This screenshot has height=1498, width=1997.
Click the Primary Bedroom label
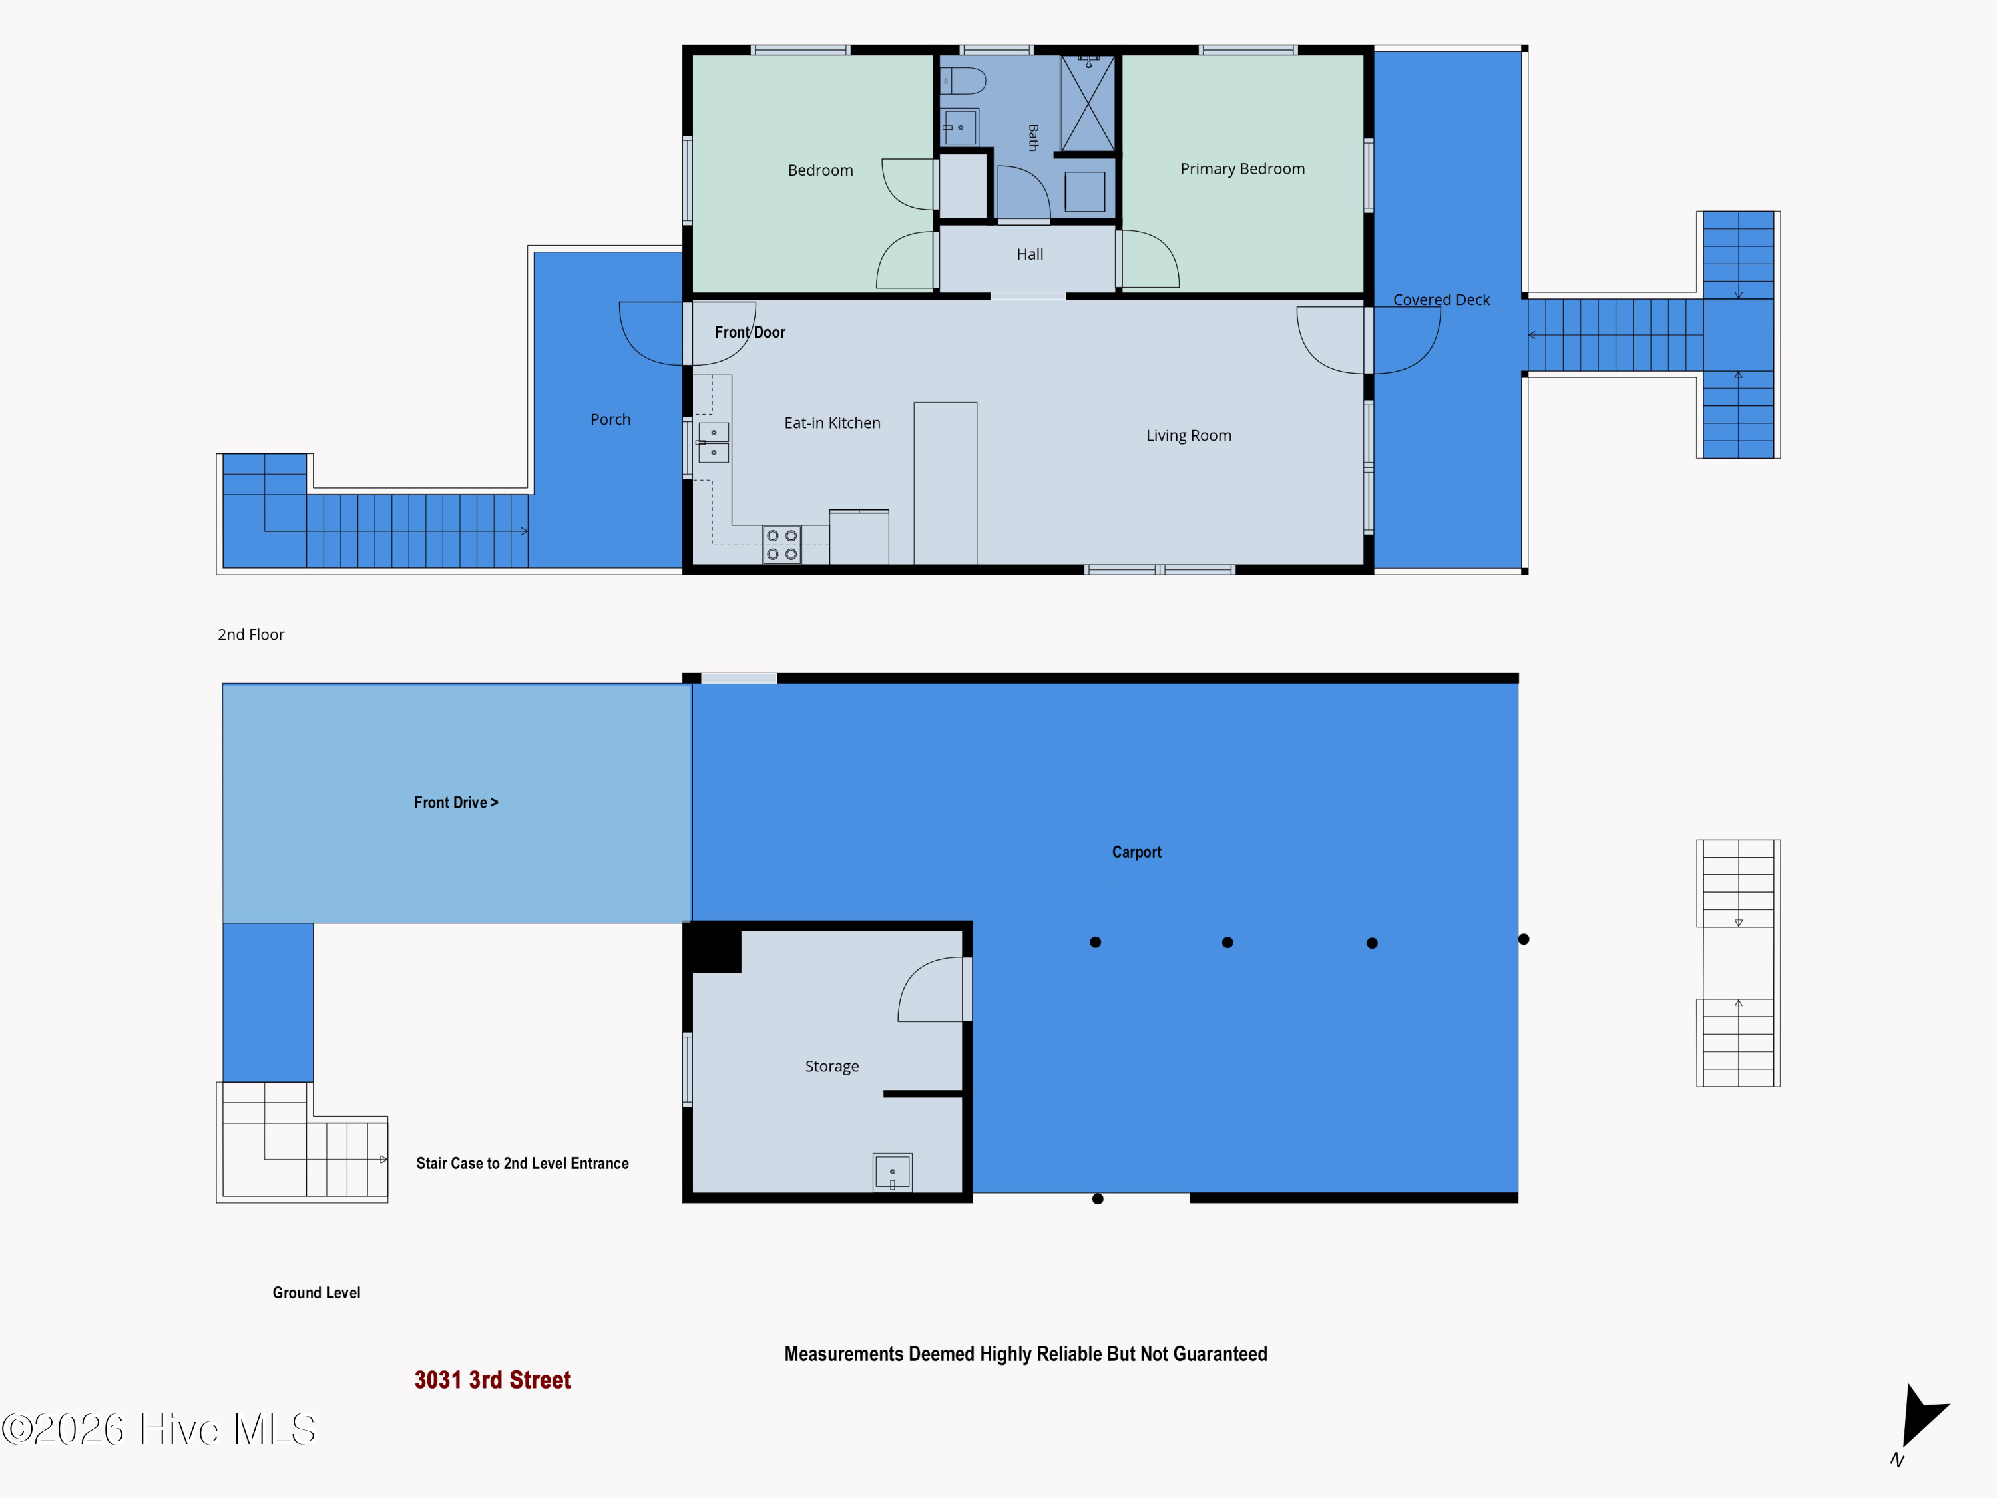(1242, 169)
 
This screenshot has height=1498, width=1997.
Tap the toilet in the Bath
(963, 81)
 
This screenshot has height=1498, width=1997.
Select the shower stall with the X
(1088, 104)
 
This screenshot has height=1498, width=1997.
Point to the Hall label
(1029, 254)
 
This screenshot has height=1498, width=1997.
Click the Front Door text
(750, 332)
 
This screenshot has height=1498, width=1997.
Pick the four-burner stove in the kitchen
(782, 545)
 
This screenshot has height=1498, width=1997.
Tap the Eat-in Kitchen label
(831, 423)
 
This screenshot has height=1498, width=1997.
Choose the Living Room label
(1188, 435)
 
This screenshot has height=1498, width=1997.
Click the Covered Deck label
(1441, 300)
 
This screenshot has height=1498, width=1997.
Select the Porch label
(610, 419)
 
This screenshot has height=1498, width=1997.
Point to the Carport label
(1137, 852)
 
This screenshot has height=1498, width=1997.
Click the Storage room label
(831, 1067)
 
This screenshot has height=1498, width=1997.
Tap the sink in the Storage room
(892, 1172)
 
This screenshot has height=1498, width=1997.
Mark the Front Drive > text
(456, 803)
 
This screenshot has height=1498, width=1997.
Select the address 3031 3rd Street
(493, 1379)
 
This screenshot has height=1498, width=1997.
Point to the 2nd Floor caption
(251, 634)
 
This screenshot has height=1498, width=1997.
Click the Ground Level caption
(316, 1293)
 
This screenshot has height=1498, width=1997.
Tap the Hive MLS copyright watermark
(159, 1429)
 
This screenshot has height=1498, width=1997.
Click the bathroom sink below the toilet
(960, 127)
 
